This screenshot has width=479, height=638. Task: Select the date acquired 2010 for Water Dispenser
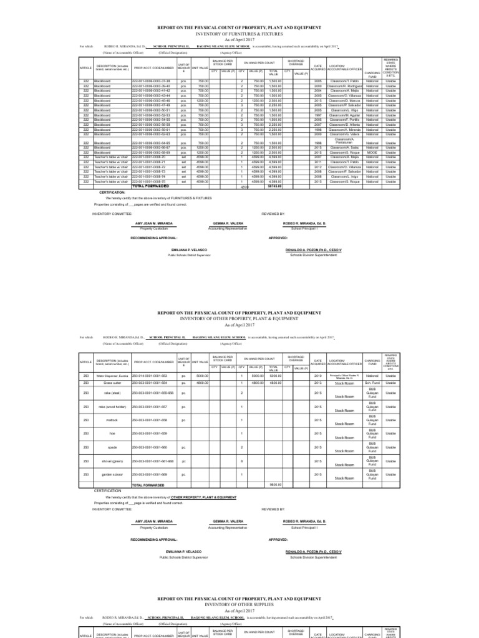(317, 376)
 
